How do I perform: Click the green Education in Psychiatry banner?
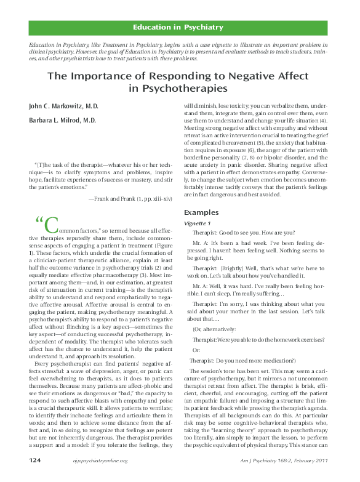click(x=186, y=28)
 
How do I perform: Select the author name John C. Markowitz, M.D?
click(x=63, y=107)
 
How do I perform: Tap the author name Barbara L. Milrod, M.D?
click(x=63, y=121)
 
